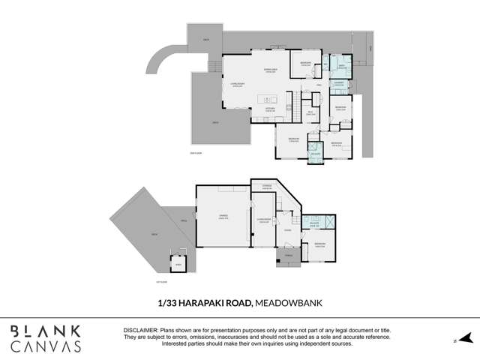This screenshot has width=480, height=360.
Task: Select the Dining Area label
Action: tap(270, 70)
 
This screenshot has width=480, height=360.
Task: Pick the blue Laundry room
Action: tap(338, 83)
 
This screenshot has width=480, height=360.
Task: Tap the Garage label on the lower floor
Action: tap(223, 217)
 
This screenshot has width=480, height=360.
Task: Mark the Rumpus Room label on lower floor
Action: tap(263, 220)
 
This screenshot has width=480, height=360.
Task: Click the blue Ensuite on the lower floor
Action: tap(316, 223)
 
